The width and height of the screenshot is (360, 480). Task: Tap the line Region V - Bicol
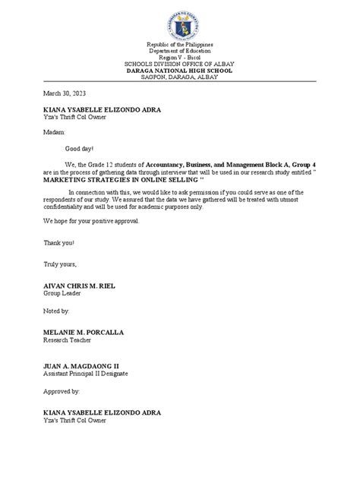[180, 64]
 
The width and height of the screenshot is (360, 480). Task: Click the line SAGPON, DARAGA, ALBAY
[180, 81]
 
